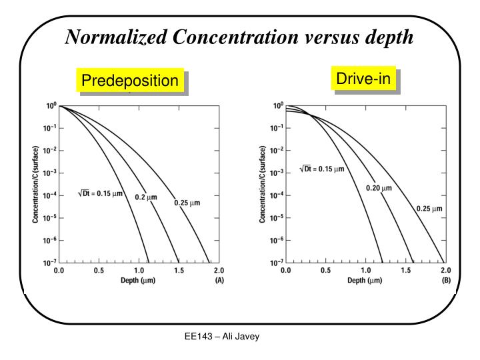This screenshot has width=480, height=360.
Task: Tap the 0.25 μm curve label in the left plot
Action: [x=187, y=203]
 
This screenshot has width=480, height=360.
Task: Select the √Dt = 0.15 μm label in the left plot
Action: [x=100, y=193]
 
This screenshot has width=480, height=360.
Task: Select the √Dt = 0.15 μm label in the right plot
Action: [x=322, y=169]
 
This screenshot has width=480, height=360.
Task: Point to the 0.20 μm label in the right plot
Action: [x=379, y=188]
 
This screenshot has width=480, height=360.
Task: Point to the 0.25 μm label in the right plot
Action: [x=429, y=209]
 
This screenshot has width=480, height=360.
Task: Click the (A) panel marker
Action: [x=219, y=281]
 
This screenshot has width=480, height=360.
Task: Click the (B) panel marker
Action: [x=445, y=281]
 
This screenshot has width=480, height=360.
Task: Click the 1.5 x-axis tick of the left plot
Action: [x=178, y=271]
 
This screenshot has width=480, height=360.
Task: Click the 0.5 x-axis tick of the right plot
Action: [x=325, y=271]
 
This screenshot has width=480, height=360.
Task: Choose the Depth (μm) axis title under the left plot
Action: [x=138, y=281]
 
